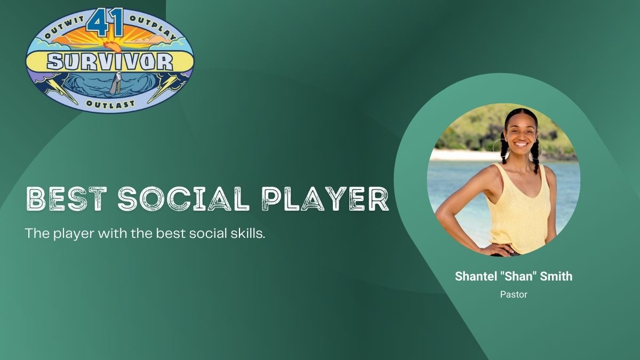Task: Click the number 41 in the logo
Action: (x=105, y=22)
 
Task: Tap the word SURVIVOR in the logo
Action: (x=110, y=62)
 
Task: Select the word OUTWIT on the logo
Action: (x=65, y=27)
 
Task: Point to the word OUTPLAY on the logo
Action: (x=153, y=27)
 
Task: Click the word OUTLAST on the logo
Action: (x=110, y=103)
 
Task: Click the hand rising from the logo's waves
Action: (x=116, y=82)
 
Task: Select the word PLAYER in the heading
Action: (x=325, y=198)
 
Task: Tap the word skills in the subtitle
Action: (x=246, y=233)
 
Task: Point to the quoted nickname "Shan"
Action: (x=517, y=276)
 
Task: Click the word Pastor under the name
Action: (x=514, y=294)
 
